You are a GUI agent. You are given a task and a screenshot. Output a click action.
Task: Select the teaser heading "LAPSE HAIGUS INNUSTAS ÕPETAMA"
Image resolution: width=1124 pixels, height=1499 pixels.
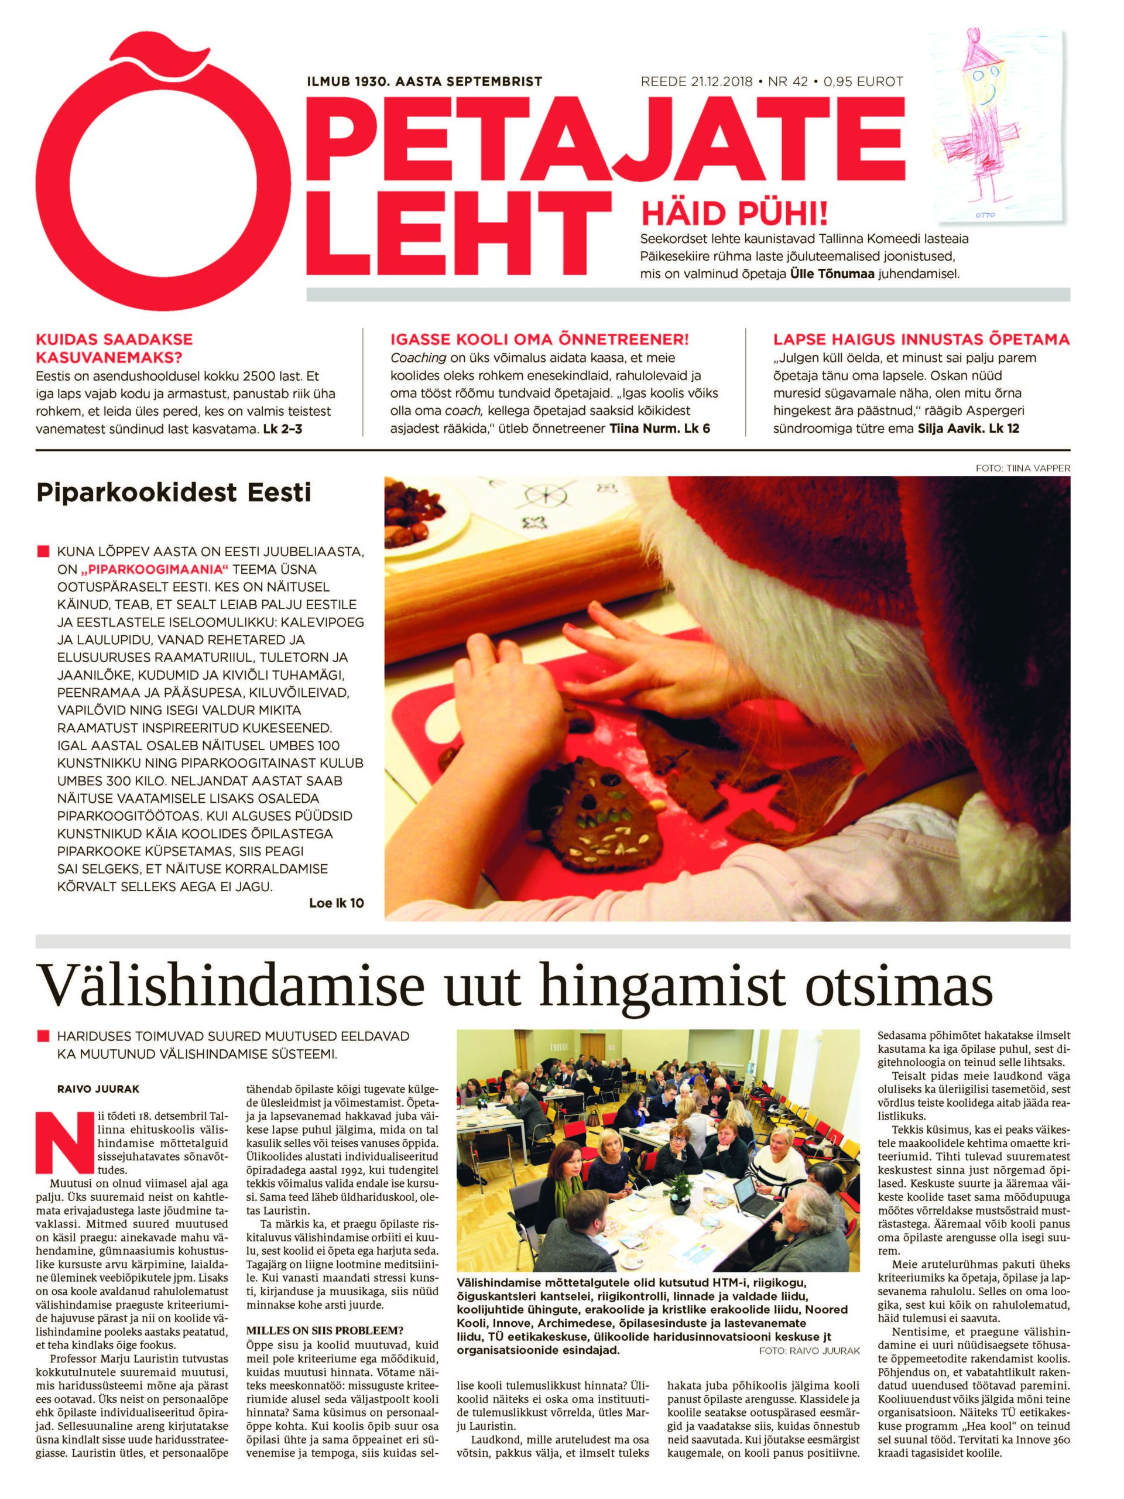(921, 340)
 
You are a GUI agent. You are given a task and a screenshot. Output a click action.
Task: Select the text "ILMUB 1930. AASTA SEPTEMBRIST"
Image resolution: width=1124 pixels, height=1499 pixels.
(424, 82)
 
